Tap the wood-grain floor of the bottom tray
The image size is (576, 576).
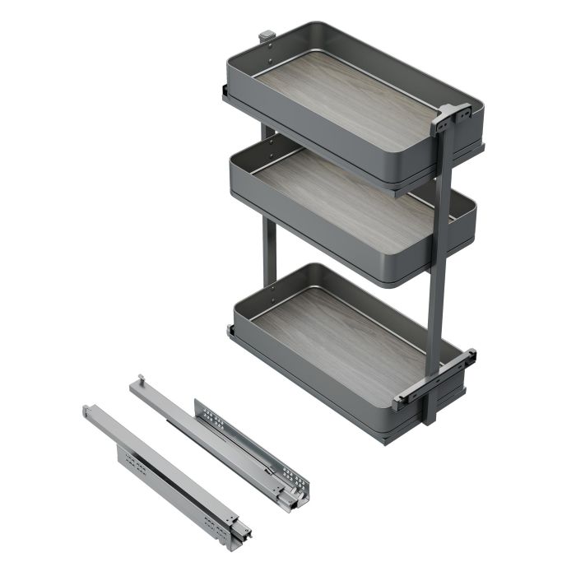[x=346, y=329]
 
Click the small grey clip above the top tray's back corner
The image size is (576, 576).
[x=266, y=37]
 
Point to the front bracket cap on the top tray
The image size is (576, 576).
[x=451, y=115]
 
